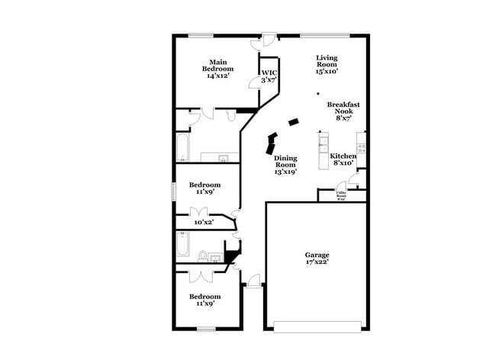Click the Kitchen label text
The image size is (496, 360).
pyautogui.click(x=343, y=156)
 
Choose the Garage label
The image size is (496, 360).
pyautogui.click(x=317, y=255)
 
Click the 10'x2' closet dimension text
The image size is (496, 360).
pyautogui.click(x=204, y=222)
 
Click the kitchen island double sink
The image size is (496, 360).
pyautogui.click(x=324, y=143)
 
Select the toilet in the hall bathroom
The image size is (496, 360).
pyautogui.click(x=203, y=256)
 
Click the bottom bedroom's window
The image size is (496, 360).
pyautogui.click(x=205, y=329)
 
